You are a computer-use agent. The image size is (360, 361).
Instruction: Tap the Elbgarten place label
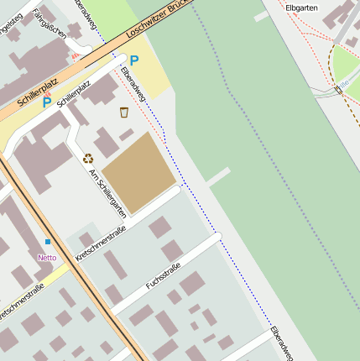(x=302, y=8)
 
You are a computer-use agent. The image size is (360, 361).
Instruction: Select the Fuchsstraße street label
(x=164, y=274)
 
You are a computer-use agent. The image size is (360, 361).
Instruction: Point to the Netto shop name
(x=47, y=258)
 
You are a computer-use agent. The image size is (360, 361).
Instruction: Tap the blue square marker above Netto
(x=47, y=242)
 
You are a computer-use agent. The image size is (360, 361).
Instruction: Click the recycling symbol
(x=88, y=157)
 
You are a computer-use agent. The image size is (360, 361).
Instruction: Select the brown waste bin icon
(x=124, y=112)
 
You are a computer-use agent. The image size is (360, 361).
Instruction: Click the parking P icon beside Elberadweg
(x=133, y=60)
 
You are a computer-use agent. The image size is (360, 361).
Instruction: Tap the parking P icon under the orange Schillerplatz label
(x=47, y=102)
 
